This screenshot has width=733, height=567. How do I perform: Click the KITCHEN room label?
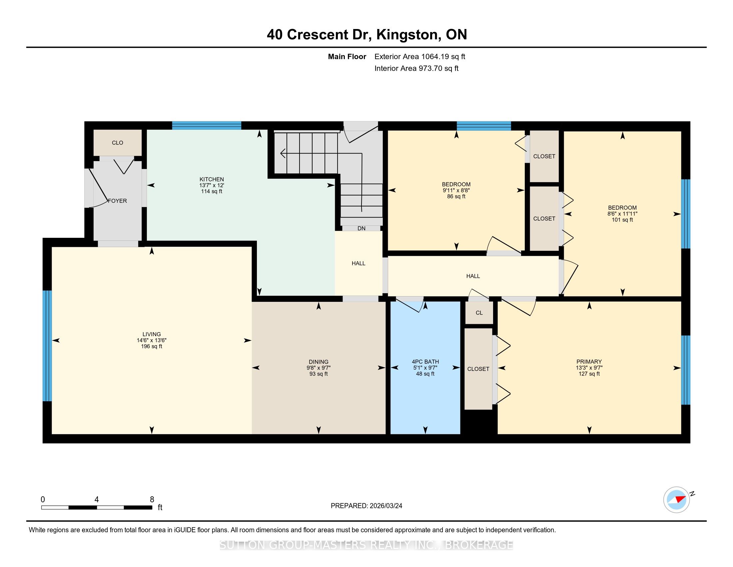pos(212,179)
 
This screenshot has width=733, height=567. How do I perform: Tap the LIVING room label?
pos(152,334)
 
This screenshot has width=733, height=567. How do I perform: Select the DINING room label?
pos(319,362)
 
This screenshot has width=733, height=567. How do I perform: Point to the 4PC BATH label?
pos(425,362)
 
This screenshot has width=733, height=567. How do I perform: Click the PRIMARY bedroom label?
pos(589,362)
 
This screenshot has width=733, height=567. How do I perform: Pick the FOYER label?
pos(118,201)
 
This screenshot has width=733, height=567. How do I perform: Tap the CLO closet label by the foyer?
pos(118,143)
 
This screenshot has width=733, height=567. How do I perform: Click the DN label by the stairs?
pos(362,228)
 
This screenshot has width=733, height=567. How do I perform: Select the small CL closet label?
pos(479,313)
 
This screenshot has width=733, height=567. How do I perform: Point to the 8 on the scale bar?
pos(152,500)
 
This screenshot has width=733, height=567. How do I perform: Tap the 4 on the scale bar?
pos(97,500)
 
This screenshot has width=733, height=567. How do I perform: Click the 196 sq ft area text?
pos(152,346)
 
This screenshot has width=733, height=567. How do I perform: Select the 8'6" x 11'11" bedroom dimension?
pos(622,214)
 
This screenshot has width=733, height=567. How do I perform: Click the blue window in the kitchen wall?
pos(207,125)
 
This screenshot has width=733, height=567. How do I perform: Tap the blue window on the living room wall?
pos(47,346)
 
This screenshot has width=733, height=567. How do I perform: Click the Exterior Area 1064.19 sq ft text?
pos(420,56)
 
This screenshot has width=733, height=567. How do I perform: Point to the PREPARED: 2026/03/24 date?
pos(366,506)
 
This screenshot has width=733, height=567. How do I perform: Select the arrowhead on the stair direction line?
pos(283,154)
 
